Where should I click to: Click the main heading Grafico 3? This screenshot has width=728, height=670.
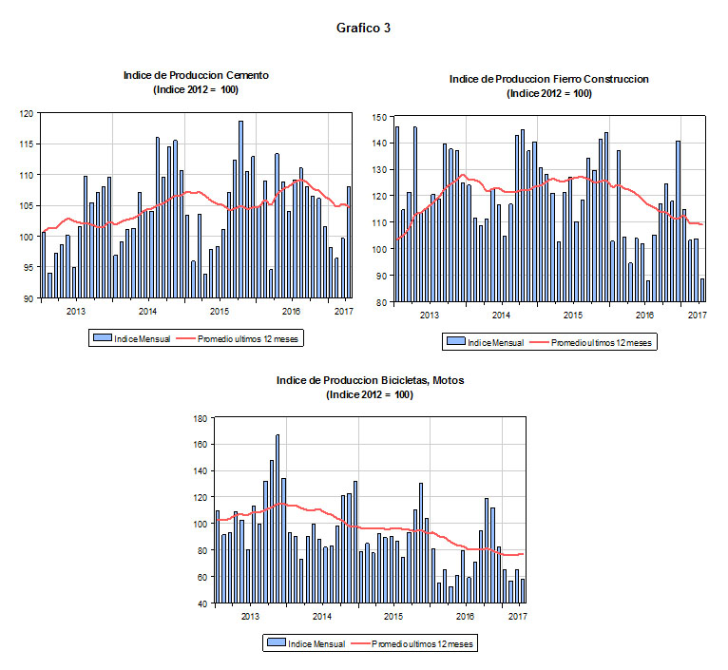pos(363,28)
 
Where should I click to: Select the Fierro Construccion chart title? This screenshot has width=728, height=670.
pos(548,79)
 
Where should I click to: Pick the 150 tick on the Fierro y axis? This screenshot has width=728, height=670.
pos(379,117)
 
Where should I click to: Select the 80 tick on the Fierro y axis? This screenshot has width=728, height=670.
pos(382,302)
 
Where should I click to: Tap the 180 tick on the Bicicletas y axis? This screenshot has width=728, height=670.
pos(200,418)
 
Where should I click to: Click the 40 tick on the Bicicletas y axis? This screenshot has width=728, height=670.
pos(202,603)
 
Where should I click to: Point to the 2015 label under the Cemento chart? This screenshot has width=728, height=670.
pos(219,311)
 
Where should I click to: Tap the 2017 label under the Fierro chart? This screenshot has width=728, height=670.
pos(697,315)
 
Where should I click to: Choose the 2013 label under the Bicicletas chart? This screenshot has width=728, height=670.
pos(250,616)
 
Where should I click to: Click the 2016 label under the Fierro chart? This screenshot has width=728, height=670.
pos(643,315)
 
